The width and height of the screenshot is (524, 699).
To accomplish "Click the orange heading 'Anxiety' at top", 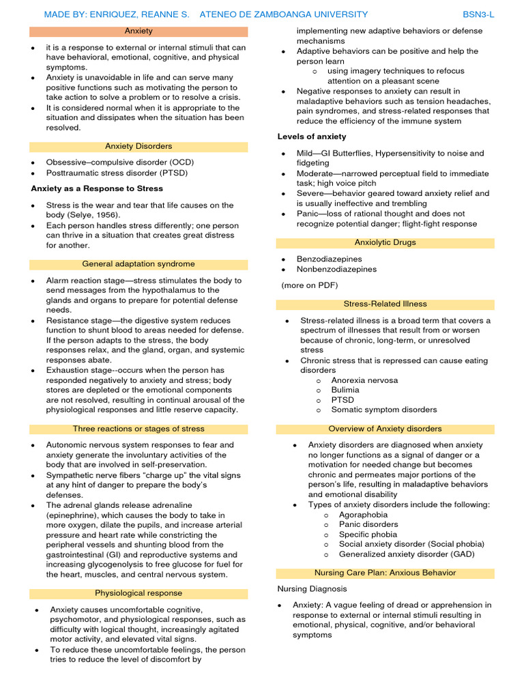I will tap(139, 31).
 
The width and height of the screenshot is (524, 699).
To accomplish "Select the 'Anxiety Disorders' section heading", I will tap(139, 147).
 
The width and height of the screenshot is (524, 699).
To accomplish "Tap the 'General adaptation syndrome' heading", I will tap(139, 264).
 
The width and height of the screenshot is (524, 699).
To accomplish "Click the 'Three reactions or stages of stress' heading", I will tap(139, 429).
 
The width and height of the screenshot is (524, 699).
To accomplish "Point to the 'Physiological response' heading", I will tap(139, 593).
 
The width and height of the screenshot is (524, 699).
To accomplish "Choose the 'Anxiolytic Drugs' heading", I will tap(385, 242).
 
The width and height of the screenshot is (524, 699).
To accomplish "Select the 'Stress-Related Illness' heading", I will tap(385, 304).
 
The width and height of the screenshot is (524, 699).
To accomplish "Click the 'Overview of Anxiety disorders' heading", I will tap(385, 429).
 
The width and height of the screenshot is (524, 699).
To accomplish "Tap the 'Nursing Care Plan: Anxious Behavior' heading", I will tap(385, 573).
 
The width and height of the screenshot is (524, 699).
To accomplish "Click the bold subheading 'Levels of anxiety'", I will tap(312, 137).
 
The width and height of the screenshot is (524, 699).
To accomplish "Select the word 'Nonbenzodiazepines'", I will tap(336, 270).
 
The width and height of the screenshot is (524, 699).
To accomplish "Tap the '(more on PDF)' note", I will tap(310, 285).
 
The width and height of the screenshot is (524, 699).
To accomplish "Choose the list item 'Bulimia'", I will tap(345, 390).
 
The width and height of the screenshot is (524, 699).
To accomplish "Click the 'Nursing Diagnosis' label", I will tap(312, 588).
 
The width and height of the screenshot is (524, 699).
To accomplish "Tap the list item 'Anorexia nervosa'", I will tap(364, 380).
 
